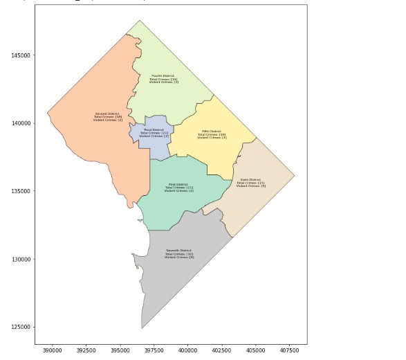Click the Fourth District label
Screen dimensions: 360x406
[164, 79]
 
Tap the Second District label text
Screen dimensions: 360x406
[108, 116]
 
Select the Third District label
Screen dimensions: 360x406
[154, 133]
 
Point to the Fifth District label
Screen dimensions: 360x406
[212, 134]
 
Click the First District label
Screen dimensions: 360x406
[178, 188]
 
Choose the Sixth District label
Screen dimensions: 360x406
[250, 183]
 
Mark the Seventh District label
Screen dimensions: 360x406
[179, 254]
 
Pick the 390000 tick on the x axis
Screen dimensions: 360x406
[53, 351]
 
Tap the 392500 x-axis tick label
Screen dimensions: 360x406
[86, 351]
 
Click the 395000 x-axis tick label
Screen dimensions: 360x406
[120, 351]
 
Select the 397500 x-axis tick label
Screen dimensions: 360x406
[154, 351]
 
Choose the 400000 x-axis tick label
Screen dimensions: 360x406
[188, 351]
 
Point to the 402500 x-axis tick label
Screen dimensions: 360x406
[222, 351]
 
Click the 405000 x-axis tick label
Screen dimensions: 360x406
[256, 351]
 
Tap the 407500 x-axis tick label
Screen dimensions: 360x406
[290, 351]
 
